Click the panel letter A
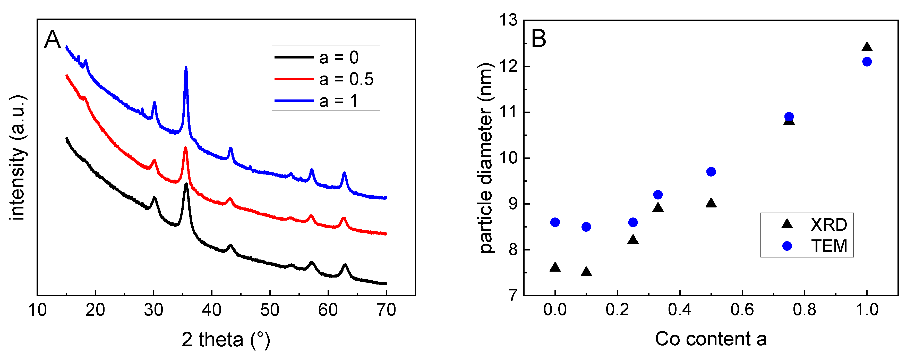click(52, 39)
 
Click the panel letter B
click(538, 38)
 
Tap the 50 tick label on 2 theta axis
click(270, 310)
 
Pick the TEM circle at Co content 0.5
click(711, 172)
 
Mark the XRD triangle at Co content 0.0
click(555, 267)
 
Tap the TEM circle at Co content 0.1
click(586, 227)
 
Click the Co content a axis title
click(711, 339)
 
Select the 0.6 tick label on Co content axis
click(742, 310)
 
